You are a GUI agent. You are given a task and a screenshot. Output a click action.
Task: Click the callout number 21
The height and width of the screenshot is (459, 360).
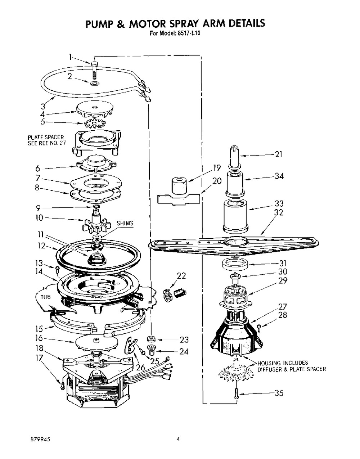tap(279, 154)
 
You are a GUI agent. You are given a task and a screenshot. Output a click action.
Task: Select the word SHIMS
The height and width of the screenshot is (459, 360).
tap(125, 223)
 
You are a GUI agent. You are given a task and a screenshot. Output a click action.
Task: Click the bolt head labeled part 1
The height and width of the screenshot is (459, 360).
tap(94, 64)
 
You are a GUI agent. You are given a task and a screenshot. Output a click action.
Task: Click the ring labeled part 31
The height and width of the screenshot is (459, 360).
tap(235, 264)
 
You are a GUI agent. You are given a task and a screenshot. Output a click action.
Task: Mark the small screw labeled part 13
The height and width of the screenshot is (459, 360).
tap(57, 269)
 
